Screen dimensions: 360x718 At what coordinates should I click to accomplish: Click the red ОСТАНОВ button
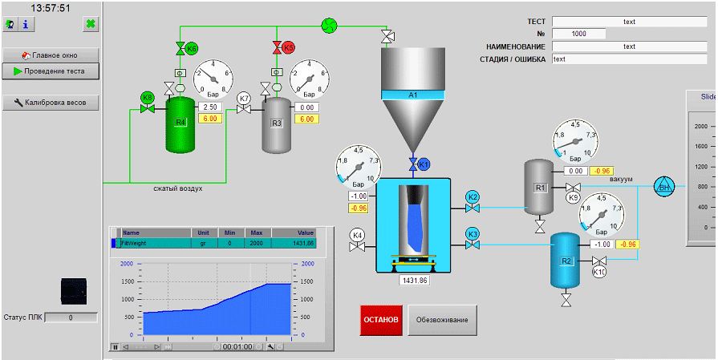[381, 320]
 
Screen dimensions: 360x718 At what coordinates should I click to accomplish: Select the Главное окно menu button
[51, 55]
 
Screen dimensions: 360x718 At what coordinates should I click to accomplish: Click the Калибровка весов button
[51, 103]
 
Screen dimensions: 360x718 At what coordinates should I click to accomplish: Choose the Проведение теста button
[51, 71]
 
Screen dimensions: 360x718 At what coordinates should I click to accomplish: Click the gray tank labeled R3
[278, 124]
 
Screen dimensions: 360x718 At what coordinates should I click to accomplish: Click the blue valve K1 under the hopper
[414, 164]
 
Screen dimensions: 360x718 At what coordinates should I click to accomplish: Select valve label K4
[358, 235]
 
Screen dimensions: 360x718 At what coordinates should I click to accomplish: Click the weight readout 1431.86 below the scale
[414, 281]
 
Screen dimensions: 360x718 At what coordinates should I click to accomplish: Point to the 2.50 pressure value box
[210, 107]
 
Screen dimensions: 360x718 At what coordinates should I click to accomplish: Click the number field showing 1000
[579, 34]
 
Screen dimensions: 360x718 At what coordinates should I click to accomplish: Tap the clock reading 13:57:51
[50, 8]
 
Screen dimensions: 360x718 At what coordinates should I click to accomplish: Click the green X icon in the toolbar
[91, 25]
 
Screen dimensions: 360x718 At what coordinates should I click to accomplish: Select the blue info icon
[26, 25]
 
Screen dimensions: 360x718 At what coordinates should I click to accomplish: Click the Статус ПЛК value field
[71, 318]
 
